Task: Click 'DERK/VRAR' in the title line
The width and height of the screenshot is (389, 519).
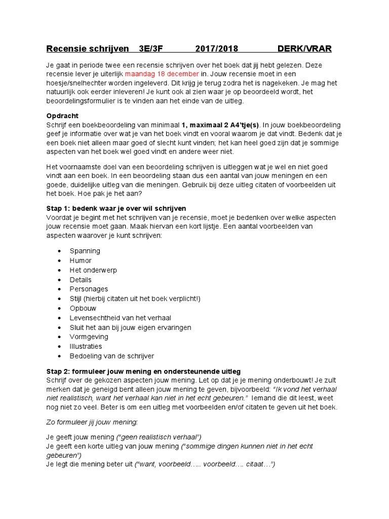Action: pos(304,49)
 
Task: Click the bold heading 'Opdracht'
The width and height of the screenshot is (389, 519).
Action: pos(62,116)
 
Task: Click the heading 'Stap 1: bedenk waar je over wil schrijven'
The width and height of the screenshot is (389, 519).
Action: pos(116,208)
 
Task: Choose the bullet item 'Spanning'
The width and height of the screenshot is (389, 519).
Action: pos(85,251)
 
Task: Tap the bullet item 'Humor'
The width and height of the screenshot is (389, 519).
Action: pos(81,261)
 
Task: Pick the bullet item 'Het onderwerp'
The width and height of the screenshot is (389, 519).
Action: pos(93,270)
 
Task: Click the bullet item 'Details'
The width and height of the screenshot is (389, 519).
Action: pos(81,280)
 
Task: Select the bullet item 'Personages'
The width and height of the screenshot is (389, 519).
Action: pos(89,289)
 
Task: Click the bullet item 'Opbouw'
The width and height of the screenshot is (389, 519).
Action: pos(83,308)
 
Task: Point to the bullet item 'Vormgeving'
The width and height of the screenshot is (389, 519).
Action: pos(89,337)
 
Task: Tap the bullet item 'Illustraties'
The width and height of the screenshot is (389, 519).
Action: pos(86,346)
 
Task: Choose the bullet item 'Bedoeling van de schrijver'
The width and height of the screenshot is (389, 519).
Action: pos(112,356)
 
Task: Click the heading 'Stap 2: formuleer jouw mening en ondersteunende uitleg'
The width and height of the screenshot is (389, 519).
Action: pos(143,372)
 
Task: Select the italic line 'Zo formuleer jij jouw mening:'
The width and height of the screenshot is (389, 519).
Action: pos(92,422)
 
